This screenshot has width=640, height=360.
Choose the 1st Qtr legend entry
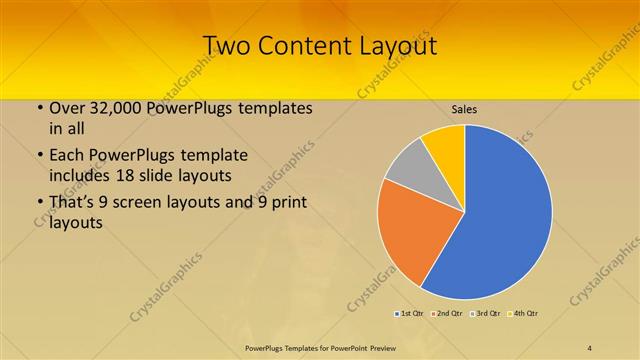[x=409, y=314]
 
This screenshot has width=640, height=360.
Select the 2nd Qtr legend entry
[x=447, y=314]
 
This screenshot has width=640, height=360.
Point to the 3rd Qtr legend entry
[x=486, y=314]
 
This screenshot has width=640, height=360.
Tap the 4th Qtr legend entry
[x=524, y=314]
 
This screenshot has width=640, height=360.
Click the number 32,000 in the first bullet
[x=121, y=108]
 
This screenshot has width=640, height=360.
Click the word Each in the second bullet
[x=66, y=156]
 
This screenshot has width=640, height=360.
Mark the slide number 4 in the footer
[x=590, y=347]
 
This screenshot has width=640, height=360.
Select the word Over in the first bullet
[x=67, y=108]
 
